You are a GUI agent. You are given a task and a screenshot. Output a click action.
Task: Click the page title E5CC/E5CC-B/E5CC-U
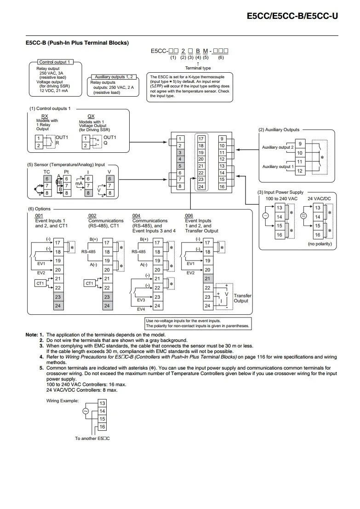tap(292, 16)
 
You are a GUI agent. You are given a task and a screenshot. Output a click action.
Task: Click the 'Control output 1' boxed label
tap(55, 62)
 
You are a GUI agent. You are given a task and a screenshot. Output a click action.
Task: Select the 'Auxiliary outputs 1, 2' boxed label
tap(114, 77)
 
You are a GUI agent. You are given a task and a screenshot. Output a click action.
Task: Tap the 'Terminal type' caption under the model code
tap(198, 68)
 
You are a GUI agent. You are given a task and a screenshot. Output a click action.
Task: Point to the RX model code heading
tap(45, 116)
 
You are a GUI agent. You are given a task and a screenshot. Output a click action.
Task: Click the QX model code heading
tap(91, 116)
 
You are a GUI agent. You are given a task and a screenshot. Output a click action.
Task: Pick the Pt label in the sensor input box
tap(66, 172)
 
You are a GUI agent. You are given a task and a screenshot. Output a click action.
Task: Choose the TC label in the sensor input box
tap(47, 172)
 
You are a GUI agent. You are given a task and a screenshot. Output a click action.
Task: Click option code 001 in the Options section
tap(39, 215)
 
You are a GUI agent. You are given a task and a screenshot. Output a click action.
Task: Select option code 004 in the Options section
tap(136, 215)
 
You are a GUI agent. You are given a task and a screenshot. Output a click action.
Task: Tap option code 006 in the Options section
tap(189, 215)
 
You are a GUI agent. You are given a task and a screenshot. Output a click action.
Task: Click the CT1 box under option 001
tap(40, 283)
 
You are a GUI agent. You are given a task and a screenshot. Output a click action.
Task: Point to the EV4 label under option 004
tap(141, 309)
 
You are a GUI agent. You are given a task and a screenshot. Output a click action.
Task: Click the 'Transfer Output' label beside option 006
tap(242, 298)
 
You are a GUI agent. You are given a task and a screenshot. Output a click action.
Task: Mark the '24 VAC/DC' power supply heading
tap(320, 199)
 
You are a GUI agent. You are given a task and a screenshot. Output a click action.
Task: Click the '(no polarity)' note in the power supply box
tap(320, 244)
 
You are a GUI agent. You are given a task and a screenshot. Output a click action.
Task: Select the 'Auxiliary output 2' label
tap(278, 147)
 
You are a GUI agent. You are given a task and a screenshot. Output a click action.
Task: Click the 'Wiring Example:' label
tap(62, 400)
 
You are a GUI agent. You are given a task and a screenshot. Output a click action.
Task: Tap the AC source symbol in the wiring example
tap(86, 411)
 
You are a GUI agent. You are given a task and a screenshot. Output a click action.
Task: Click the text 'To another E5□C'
tap(92, 439)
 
